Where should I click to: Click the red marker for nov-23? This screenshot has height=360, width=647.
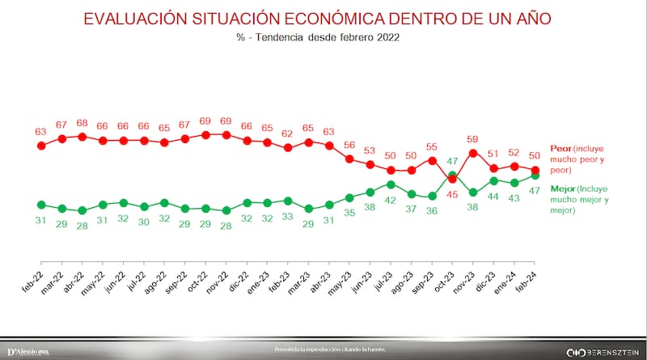[x=473, y=152]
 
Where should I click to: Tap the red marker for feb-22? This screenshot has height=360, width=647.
[x=41, y=145]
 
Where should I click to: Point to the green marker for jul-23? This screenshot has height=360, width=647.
[x=391, y=184]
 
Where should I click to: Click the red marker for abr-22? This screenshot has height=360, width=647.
[x=82, y=137]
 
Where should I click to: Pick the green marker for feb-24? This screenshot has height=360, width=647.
[x=535, y=175]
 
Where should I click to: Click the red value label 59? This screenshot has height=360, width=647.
[x=473, y=138]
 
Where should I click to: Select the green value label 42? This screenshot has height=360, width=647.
[x=391, y=199]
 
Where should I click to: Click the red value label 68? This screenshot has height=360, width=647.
[x=82, y=123]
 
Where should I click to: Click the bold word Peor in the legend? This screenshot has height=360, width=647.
[x=560, y=149]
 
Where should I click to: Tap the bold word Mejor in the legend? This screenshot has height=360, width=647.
[x=563, y=188]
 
